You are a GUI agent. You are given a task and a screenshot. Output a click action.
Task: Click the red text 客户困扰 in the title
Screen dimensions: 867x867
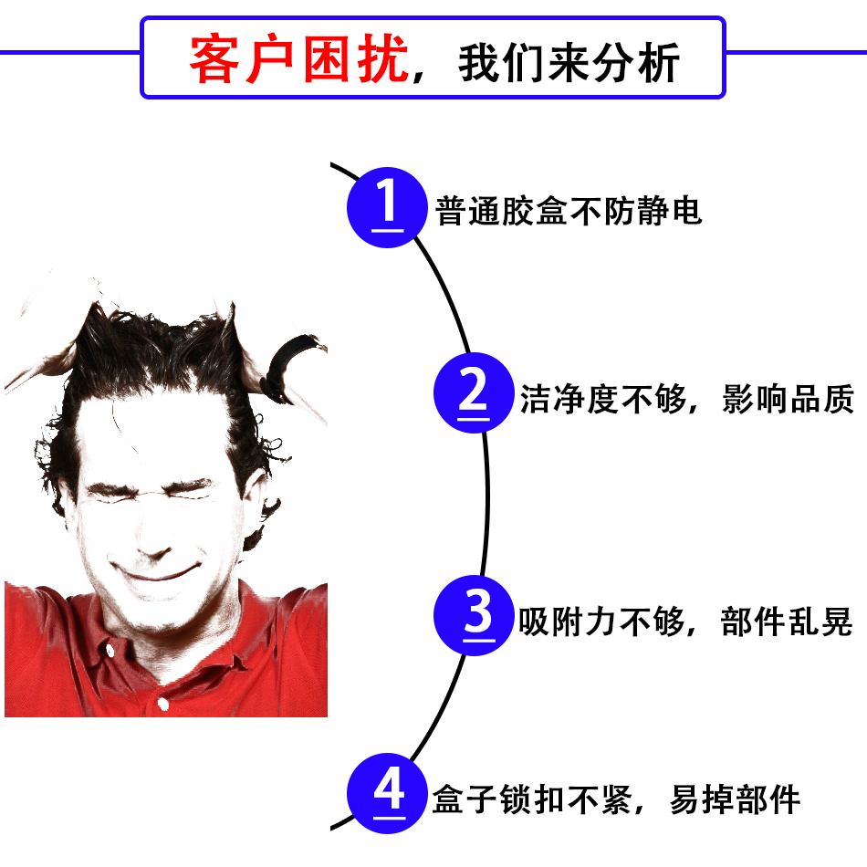click(x=298, y=59)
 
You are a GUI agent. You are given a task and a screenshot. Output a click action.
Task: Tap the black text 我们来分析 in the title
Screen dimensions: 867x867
click(x=569, y=62)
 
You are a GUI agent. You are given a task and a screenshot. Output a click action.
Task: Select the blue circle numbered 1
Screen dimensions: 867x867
click(x=387, y=207)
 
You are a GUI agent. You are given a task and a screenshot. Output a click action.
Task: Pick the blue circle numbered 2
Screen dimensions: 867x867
click(x=474, y=392)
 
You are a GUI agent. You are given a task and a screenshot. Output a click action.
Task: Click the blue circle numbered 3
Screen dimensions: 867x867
click(x=474, y=615)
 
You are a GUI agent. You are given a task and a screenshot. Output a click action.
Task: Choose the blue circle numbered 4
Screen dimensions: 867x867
click(x=387, y=793)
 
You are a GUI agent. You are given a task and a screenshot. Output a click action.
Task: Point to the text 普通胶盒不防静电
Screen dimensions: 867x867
click(x=569, y=211)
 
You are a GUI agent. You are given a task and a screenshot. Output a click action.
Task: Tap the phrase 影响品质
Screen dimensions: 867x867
click(x=789, y=399)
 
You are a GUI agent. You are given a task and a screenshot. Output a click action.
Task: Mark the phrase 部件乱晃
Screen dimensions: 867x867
click(x=787, y=622)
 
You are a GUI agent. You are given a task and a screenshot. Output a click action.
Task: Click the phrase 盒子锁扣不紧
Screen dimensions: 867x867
click(x=532, y=799)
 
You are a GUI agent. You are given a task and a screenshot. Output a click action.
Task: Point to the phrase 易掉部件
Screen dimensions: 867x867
click(x=735, y=799)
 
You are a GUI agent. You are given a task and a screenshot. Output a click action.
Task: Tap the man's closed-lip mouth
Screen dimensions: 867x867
click(x=156, y=571)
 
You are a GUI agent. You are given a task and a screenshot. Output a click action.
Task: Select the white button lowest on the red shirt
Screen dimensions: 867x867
click(x=163, y=704)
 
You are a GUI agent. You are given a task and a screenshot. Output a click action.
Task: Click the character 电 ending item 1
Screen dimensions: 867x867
click(x=687, y=211)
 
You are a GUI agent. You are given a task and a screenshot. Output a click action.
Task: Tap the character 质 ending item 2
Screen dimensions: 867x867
click(x=840, y=399)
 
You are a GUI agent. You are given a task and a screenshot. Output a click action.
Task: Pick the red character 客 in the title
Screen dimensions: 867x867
click(x=214, y=59)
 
